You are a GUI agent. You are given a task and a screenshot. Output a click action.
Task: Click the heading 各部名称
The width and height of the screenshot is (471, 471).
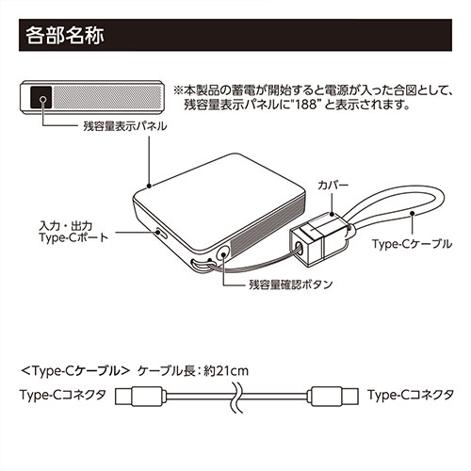(65, 36)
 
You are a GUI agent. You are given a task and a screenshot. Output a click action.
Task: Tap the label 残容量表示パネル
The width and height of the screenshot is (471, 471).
(125, 126)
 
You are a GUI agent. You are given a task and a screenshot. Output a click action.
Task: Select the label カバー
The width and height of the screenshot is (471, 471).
(333, 185)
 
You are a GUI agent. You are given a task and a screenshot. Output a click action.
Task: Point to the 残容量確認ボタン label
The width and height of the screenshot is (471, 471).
(291, 284)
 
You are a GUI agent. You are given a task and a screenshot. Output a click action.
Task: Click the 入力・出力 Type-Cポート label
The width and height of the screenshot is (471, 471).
(73, 232)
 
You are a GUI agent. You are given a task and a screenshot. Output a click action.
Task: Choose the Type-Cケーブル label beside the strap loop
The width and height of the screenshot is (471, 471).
(413, 244)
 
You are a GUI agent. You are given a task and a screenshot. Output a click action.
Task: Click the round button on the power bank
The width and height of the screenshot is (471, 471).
(223, 252)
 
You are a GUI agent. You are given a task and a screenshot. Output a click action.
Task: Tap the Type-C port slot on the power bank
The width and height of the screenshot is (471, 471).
(162, 234)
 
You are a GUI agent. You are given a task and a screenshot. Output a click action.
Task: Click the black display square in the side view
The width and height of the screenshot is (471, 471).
(41, 97)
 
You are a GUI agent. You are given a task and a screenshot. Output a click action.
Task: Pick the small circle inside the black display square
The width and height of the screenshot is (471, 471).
(43, 100)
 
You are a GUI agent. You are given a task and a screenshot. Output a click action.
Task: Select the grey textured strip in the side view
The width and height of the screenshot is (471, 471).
(107, 97)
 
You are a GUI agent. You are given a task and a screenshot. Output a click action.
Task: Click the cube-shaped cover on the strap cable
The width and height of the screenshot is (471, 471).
(317, 239)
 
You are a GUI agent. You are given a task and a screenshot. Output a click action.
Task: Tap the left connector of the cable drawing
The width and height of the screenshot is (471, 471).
(140, 397)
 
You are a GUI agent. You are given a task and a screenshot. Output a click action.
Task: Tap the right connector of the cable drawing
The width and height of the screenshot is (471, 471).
(333, 396)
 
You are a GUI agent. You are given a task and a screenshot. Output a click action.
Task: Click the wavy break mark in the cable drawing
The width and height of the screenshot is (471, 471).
(236, 397)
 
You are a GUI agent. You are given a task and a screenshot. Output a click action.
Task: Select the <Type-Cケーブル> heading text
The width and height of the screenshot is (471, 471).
(75, 371)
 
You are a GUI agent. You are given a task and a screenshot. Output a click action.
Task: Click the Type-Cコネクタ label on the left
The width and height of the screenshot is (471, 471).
(63, 395)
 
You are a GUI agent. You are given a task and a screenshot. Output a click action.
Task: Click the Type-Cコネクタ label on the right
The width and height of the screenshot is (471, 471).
(411, 395)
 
